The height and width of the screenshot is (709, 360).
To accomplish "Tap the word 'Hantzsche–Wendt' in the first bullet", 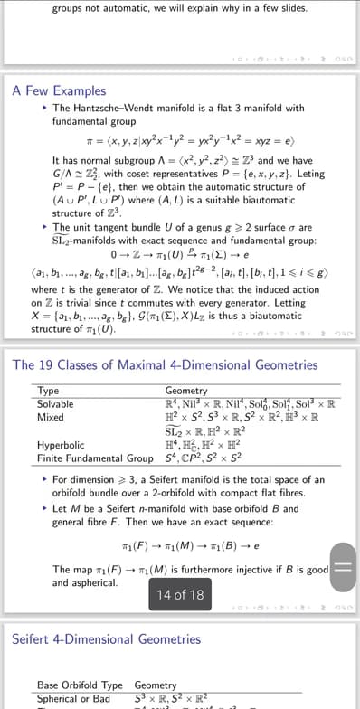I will pyautogui.click(x=109, y=108).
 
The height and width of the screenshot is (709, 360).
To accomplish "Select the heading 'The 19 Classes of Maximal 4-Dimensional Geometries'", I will pyautogui.click(x=166, y=365).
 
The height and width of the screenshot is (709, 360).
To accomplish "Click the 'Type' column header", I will pyautogui.click(x=48, y=391).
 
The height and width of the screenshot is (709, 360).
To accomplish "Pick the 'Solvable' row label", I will pyautogui.click(x=56, y=403).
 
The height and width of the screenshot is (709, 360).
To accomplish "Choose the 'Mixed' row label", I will pyautogui.click(x=51, y=418).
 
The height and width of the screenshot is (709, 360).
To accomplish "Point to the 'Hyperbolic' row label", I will pyautogui.click(x=61, y=445).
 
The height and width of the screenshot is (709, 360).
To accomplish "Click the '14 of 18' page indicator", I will pyautogui.click(x=181, y=594).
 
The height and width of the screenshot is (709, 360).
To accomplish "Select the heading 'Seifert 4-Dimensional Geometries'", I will pyautogui.click(x=106, y=639).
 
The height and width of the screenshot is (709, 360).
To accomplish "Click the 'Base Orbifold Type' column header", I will pyautogui.click(x=80, y=685).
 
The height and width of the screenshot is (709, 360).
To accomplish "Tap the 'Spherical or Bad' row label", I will pyautogui.click(x=73, y=698).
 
